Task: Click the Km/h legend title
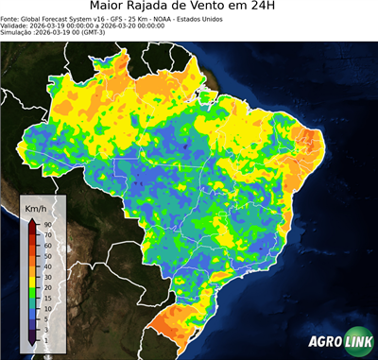pos(37,207)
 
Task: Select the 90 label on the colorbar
pos(46,224)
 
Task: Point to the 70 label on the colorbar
pos(46,234)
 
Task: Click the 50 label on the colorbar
pos(46,255)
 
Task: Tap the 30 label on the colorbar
pos(46,276)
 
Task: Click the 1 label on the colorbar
pos(44,338)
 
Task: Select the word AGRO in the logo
pos(325,343)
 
